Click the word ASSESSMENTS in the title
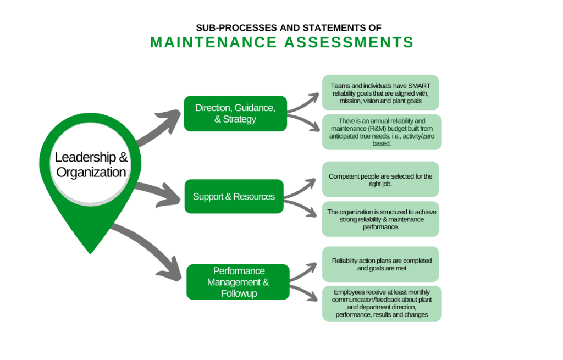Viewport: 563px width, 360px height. coord(349,42)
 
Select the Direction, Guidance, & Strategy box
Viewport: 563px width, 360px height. coord(235,113)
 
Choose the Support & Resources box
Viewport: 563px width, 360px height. coord(234,196)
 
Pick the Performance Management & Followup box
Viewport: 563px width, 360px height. coord(238,282)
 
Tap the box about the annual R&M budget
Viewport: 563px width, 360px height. coord(382,131)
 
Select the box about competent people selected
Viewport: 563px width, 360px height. coord(380,179)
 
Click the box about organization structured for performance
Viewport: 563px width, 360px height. coord(380,219)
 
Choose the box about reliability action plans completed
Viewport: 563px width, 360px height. coord(380,264)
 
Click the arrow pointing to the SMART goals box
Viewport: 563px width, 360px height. coord(304,101)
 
